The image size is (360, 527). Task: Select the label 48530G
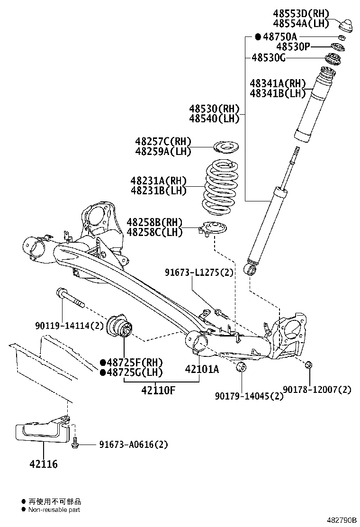(268, 58)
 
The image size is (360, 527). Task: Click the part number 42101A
(202, 369)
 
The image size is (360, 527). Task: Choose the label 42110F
(158, 391)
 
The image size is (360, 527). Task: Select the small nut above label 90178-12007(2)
(308, 364)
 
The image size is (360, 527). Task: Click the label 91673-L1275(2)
(199, 273)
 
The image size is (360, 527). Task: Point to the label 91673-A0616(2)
(134, 445)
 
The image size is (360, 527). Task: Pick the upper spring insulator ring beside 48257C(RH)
(226, 147)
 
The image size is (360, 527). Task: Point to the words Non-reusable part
(54, 510)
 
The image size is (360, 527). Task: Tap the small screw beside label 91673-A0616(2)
(75, 444)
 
